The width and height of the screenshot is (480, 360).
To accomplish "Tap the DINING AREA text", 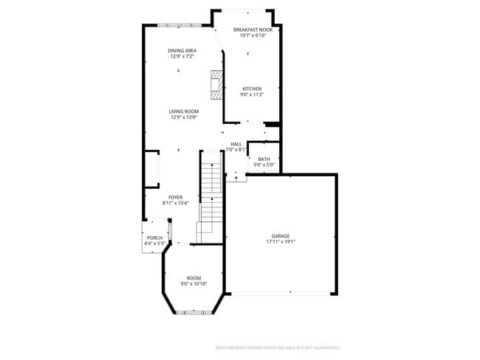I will (x=182, y=50).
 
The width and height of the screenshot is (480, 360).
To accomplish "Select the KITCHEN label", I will (x=252, y=89).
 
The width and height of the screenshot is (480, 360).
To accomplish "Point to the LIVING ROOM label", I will (x=184, y=111).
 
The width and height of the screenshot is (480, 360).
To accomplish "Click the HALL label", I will (x=236, y=144).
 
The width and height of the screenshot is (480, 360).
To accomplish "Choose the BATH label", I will (x=264, y=159).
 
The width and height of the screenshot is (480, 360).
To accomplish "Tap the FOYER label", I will (x=175, y=197).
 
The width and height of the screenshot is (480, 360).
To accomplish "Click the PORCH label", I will (x=154, y=238).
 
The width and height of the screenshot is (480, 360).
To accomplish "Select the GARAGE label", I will (x=280, y=236).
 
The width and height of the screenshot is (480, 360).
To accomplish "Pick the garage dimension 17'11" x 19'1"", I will (x=280, y=242).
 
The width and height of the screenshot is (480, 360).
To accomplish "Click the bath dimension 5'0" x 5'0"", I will (x=264, y=165).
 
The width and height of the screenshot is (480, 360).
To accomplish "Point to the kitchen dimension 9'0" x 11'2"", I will (x=252, y=94).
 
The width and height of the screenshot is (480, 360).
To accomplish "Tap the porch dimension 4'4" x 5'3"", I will (x=154, y=243).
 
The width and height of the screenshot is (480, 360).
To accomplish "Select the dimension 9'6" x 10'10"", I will (x=193, y=284).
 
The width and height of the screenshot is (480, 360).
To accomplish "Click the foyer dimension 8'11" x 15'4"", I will (x=175, y=203).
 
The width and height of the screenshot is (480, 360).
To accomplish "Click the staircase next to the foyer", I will (x=211, y=195).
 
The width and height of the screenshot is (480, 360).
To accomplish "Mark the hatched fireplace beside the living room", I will (x=216, y=85).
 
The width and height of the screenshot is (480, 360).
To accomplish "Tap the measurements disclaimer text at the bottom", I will (x=277, y=347).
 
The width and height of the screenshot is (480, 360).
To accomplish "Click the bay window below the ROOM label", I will (x=193, y=314).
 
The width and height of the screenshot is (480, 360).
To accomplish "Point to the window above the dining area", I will (x=179, y=26).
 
